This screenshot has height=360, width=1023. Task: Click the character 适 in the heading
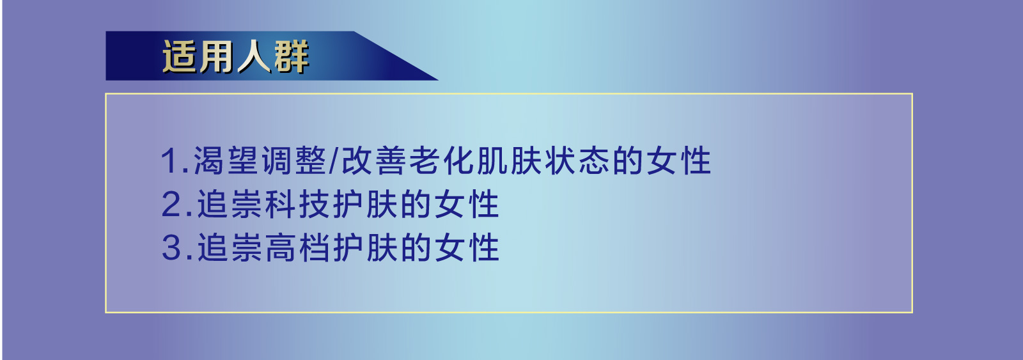click(179, 56)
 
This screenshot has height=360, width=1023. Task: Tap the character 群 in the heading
click(292, 56)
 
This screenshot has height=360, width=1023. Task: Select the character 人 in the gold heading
click(254, 56)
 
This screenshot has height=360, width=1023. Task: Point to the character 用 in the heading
click(216, 56)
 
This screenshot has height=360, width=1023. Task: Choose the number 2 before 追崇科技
click(173, 205)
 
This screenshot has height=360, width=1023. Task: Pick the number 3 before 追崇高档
click(173, 248)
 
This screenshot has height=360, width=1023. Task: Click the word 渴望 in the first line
click(226, 161)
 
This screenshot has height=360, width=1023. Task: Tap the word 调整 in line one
click(294, 161)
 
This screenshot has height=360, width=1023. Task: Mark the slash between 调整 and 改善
click(333, 161)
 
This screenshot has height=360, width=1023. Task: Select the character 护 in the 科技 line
click(348, 205)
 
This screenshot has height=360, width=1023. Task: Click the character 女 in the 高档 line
click(449, 248)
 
